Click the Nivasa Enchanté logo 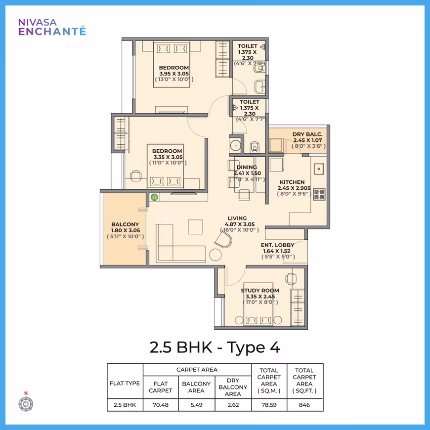click(52, 27)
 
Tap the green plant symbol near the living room click(154, 197)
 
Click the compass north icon click(26, 402)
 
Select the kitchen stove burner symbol click(319, 194)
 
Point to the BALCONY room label click(125, 224)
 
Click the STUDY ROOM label click(260, 291)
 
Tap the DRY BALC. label click(307, 134)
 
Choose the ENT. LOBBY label click(278, 245)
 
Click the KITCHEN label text click(292, 182)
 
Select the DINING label click(247, 167)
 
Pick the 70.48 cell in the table click(161, 405)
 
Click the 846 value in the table click(304, 405)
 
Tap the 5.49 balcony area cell click(197, 405)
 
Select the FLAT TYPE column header click(125, 383)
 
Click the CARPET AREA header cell click(197, 370)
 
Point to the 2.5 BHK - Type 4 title click(215, 347)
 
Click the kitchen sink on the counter click(319, 169)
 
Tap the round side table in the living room click(215, 255)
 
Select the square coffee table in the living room click(196, 227)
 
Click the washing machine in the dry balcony click(276, 145)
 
